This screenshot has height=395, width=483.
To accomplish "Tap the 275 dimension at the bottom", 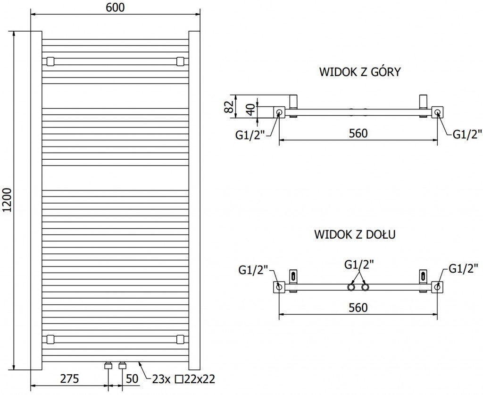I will pos(69,378).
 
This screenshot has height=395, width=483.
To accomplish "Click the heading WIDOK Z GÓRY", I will pos(360,72).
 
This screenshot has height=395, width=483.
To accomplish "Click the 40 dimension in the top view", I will pos(250,109).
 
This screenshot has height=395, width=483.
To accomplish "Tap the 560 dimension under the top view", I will pos(358,134).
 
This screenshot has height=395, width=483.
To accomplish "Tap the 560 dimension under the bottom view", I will pos(358,308).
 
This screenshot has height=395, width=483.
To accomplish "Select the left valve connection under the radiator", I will pos(108,365).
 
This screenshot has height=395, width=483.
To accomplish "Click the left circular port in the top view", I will pos(279,112).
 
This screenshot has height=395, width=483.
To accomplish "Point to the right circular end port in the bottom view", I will pos(437,286).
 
